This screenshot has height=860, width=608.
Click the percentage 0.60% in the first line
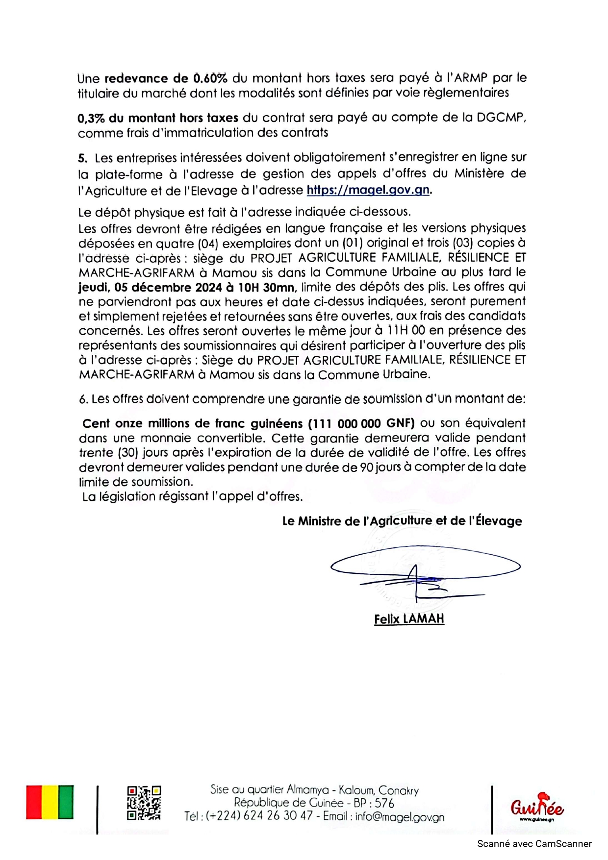click(210, 78)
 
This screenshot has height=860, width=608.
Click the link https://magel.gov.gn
click(368, 190)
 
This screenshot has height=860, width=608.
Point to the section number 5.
click(82, 158)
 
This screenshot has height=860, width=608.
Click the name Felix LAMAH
click(409, 619)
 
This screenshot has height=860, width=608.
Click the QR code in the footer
click(144, 803)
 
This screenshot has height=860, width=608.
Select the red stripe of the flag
click(34, 802)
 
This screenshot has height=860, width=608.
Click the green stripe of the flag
click(66, 802)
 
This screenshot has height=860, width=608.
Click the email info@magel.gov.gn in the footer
click(400, 817)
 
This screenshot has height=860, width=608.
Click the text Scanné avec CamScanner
click(534, 844)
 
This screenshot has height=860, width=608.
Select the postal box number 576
click(384, 804)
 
